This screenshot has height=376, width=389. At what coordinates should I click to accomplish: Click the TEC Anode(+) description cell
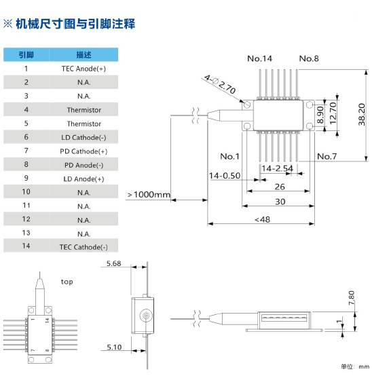point(84,69)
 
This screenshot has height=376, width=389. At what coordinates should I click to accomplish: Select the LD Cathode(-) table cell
point(84,137)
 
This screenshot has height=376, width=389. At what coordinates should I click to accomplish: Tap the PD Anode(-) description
point(84,165)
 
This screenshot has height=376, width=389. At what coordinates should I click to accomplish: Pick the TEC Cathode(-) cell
point(84,247)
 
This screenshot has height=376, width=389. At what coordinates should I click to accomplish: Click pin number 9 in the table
point(26,178)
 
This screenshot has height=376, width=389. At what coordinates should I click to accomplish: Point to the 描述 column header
point(84,54)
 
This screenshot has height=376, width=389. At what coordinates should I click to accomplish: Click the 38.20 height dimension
point(362,114)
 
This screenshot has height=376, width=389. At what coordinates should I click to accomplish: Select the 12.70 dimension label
point(333,113)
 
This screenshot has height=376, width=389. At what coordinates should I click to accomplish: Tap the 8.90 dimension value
point(320,115)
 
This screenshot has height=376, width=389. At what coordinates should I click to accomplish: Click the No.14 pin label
point(259,58)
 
